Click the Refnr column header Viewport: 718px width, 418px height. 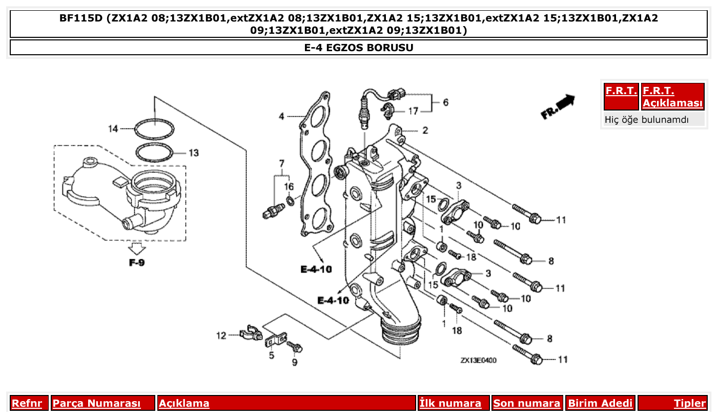[x=27, y=403]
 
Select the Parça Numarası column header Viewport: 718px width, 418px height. [x=96, y=403]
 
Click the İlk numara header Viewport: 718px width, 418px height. [x=450, y=403]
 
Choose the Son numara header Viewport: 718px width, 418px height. [x=526, y=403]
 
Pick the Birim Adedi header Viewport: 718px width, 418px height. [x=600, y=403]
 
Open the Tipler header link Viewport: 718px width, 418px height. [x=690, y=403]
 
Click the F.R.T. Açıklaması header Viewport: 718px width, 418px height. [x=672, y=97]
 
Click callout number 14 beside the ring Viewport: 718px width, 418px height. [x=113, y=128]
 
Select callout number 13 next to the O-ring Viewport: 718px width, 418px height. [x=193, y=153]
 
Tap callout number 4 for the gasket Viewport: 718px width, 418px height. [x=281, y=117]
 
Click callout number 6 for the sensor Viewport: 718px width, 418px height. [x=445, y=102]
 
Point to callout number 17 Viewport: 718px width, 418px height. [x=413, y=111]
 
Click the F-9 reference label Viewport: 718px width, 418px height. [x=137, y=263]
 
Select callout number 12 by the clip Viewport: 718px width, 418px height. [x=221, y=336]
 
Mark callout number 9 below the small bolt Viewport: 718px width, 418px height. [x=295, y=363]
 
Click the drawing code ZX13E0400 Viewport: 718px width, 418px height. [x=478, y=360]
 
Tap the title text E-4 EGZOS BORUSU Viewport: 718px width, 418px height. [x=359, y=48]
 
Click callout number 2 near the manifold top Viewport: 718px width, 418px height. [x=425, y=130]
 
